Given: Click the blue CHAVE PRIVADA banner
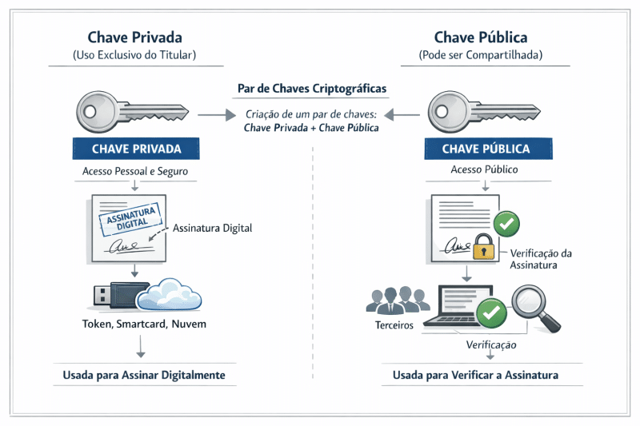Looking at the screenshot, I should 136,149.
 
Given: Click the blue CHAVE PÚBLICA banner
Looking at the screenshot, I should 487,149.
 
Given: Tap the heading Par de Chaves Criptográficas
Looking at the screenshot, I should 311,88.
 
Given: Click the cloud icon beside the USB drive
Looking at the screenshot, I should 170,295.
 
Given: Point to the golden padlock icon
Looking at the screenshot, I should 482,248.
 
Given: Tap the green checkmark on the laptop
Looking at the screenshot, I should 491,312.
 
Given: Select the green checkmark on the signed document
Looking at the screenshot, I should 506,223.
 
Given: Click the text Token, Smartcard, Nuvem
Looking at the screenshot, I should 144,324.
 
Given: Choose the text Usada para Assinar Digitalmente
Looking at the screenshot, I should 144,375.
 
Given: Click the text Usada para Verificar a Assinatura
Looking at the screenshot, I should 475,375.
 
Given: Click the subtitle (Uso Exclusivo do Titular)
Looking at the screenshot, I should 134,55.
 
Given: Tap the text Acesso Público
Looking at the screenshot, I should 484,170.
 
